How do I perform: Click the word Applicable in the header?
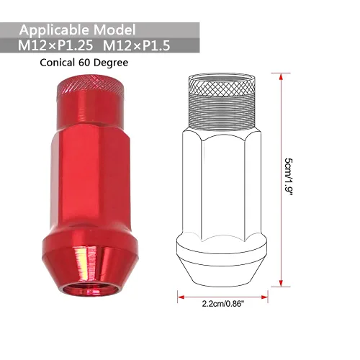click(54, 30)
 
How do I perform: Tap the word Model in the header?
click(114, 30)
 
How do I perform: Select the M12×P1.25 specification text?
click(55, 45)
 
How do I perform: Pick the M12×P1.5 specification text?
click(137, 45)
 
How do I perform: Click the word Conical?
click(58, 63)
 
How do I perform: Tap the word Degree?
click(111, 63)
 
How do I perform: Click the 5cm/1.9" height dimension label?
click(289, 177)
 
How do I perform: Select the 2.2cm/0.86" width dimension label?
click(222, 304)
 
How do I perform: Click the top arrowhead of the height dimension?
click(281, 76)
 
